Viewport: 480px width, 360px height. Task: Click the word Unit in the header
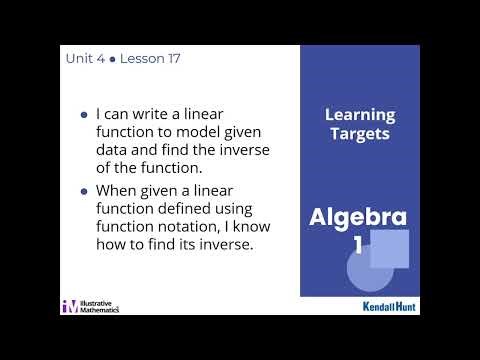pyautogui.click(x=79, y=59)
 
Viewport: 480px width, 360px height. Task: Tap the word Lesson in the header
pyautogui.click(x=139, y=59)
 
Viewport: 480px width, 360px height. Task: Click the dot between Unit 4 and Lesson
pyautogui.click(x=111, y=60)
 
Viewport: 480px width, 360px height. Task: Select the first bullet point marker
pyautogui.click(x=83, y=115)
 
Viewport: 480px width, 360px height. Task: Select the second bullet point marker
pyautogui.click(x=83, y=189)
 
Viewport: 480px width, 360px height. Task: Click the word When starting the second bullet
pyautogui.click(x=115, y=189)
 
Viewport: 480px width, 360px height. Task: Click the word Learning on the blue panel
pyautogui.click(x=360, y=115)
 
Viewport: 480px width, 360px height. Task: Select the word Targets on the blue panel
pyautogui.click(x=360, y=133)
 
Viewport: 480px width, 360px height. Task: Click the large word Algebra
pyautogui.click(x=358, y=217)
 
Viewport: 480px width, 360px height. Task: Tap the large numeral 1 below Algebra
pyautogui.click(x=357, y=245)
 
